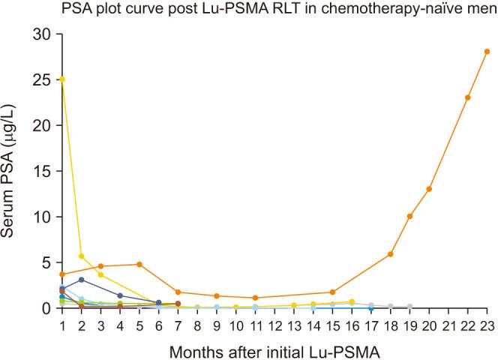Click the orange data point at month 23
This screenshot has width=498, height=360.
487,52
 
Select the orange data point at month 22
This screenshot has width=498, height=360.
467,97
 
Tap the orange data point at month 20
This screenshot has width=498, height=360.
429,189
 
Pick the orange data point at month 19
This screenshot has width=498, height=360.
409,216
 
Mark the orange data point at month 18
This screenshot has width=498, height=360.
391,254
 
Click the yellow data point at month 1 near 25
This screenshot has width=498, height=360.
62,79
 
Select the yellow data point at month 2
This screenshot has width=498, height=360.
82,256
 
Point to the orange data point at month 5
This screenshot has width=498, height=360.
139,264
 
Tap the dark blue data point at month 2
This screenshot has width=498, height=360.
82,280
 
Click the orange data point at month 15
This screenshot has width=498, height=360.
332,292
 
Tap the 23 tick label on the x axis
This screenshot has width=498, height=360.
487,325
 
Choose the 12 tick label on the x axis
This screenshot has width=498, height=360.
274,325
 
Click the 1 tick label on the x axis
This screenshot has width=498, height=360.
62,325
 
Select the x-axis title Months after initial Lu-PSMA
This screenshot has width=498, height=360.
274,349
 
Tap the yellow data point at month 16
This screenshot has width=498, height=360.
352,301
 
